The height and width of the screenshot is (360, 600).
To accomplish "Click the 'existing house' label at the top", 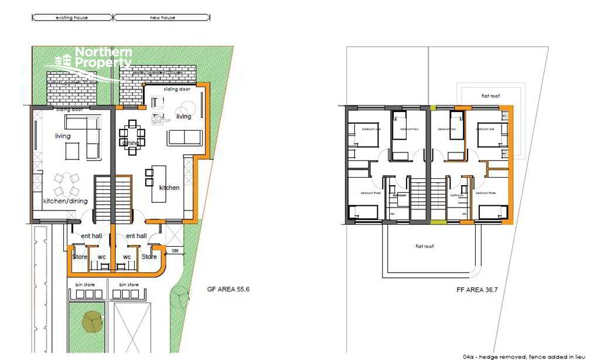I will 71,18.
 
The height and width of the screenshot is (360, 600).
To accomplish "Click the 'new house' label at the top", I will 162,18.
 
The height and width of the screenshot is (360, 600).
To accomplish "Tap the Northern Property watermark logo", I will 94,59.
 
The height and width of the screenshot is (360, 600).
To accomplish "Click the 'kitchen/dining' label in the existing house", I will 65,201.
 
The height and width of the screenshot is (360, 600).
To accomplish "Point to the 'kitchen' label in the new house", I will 169,188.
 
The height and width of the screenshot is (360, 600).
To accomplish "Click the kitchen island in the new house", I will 159,183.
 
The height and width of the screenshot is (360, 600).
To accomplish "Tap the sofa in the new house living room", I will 185,138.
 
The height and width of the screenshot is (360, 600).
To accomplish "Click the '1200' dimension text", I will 175,251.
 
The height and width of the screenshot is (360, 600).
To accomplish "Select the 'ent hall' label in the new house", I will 136,236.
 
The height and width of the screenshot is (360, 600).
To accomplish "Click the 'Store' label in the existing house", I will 80,256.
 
